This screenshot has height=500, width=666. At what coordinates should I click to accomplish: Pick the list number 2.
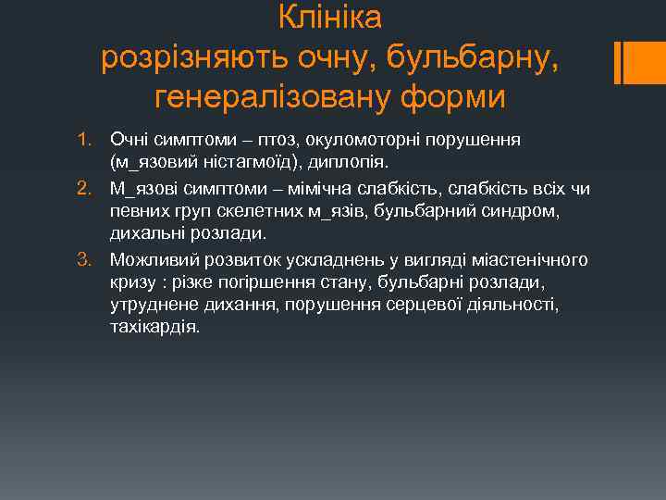[x=83, y=189]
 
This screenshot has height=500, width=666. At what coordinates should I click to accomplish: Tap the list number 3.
[x=83, y=258]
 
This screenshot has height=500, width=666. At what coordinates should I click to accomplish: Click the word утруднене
[x=151, y=305]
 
